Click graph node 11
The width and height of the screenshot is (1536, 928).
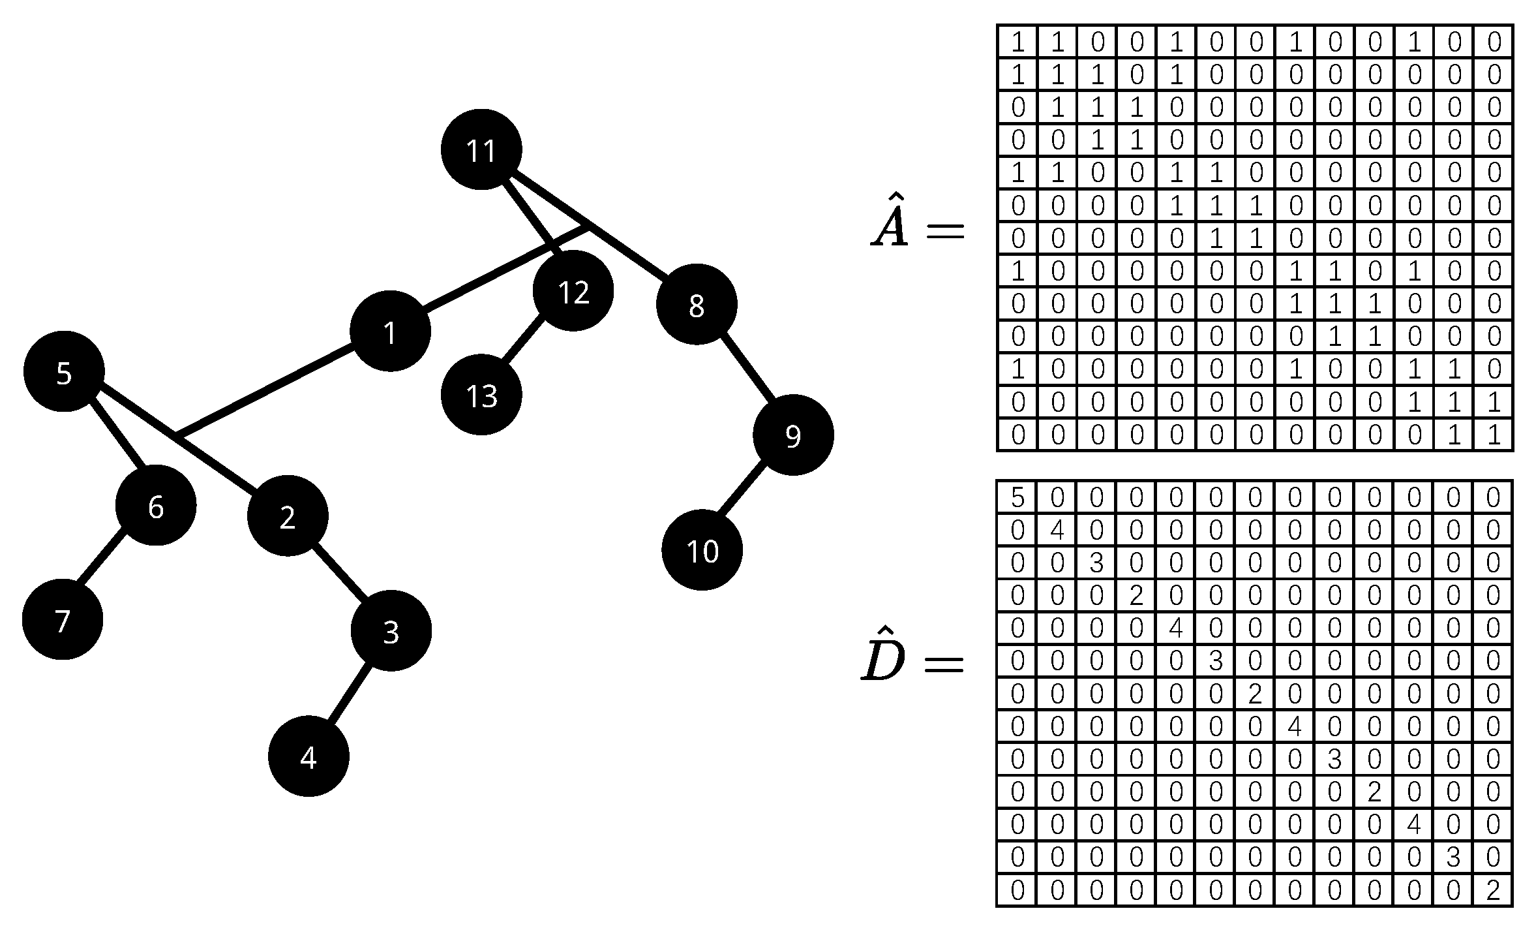coord(481,149)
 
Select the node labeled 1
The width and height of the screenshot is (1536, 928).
coord(390,331)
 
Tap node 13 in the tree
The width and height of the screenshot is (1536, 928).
coord(481,395)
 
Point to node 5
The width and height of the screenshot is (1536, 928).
coord(64,372)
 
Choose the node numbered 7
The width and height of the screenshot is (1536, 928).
coord(63,619)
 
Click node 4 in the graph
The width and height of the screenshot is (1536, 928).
coord(309,756)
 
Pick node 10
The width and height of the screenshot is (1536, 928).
coord(702,550)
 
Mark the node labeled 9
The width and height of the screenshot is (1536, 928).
coord(793,435)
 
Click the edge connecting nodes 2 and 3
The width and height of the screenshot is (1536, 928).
coord(339,573)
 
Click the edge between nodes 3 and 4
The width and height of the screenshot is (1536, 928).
coord(349,694)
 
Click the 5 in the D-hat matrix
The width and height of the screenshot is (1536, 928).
coord(1017,498)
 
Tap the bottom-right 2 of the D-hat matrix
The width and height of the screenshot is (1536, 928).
coord(1493,890)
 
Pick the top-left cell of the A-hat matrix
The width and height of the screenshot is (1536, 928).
coord(1017,42)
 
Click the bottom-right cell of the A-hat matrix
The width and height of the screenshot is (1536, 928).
coord(1493,435)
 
